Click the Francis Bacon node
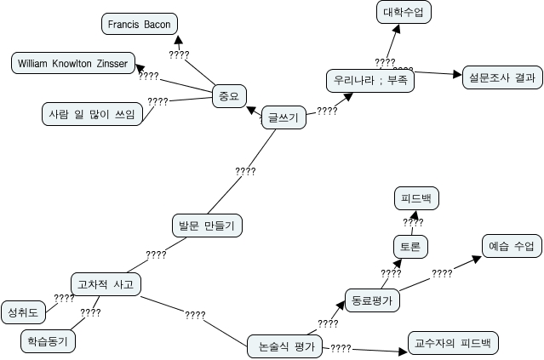pyautogui.click(x=140, y=24)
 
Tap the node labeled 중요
pyautogui.click(x=226, y=96)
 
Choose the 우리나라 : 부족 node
pyautogui.click(x=369, y=82)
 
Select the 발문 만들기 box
pyautogui.click(x=207, y=226)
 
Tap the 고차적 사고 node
pyautogui.click(x=105, y=283)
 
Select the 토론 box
pyautogui.click(x=409, y=247)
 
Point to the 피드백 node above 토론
pyautogui.click(x=415, y=199)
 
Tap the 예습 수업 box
pyautogui.click(x=511, y=247)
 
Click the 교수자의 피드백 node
pyautogui.click(x=451, y=343)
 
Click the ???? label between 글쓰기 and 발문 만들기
pyautogui.click(x=245, y=172)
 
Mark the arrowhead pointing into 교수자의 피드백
pyautogui.click(x=403, y=350)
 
